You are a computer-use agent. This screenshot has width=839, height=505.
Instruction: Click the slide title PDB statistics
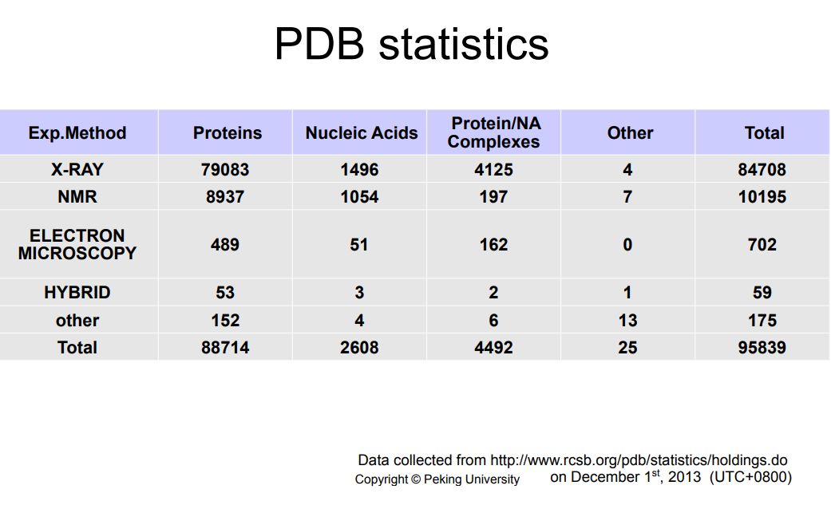[411, 44]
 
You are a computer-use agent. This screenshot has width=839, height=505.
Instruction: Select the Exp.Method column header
[77, 132]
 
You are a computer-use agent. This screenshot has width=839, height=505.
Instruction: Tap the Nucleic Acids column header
[362, 132]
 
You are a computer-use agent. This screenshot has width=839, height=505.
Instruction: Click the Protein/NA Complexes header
[494, 132]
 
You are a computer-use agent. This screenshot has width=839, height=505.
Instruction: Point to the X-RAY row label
[77, 170]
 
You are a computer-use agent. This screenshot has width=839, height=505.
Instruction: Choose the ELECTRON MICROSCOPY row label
[77, 244]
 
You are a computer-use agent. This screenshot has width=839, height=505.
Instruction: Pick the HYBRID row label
[77, 293]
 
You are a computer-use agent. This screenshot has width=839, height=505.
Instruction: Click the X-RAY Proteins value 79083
[225, 170]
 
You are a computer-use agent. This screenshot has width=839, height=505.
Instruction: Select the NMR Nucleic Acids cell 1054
[359, 197]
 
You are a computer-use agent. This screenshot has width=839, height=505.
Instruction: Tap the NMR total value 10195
[762, 197]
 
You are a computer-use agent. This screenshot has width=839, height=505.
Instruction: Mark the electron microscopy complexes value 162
[494, 244]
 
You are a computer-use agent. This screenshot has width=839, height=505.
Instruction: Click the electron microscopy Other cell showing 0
[627, 244]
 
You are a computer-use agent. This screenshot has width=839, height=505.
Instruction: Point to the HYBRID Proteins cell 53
[225, 293]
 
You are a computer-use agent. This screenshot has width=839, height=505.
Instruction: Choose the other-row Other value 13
[627, 321]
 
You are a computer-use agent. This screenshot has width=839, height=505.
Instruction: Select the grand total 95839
[762, 348]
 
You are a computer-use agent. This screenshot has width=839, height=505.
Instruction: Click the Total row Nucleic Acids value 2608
[359, 348]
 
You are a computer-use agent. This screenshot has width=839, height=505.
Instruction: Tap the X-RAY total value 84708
[762, 170]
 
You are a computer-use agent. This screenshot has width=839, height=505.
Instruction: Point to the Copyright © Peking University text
[437, 479]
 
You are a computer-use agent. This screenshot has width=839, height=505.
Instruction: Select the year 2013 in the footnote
[684, 476]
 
